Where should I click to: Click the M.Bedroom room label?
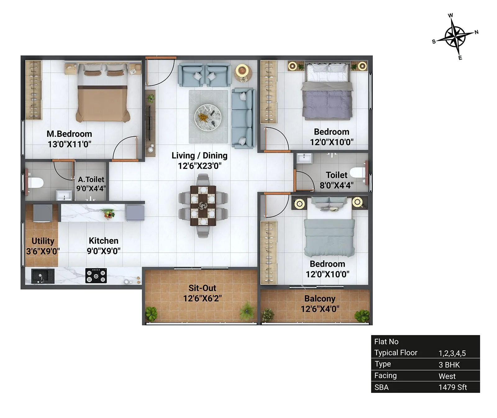(x=69, y=134)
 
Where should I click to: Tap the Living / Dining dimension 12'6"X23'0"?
(x=199, y=166)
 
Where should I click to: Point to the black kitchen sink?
(x=43, y=276)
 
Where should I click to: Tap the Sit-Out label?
(x=202, y=288)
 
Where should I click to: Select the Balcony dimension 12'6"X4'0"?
(x=320, y=309)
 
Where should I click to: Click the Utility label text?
(x=43, y=241)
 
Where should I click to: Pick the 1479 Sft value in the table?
(x=452, y=387)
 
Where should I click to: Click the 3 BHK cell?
(x=449, y=365)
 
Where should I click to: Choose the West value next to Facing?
(x=447, y=376)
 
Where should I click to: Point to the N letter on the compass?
(x=476, y=32)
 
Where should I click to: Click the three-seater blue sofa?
(x=243, y=118)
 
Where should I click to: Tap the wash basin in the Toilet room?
(x=304, y=158)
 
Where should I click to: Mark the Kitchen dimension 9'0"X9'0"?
(x=103, y=251)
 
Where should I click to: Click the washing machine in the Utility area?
(x=43, y=213)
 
